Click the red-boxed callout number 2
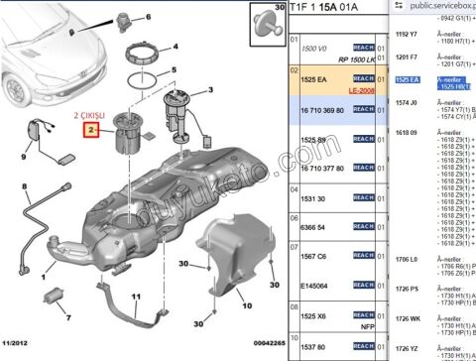click(90, 130)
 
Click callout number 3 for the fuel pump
click(210, 90)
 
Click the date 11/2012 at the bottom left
click(17, 343)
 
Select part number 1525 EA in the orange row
click(315, 78)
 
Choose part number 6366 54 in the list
click(314, 227)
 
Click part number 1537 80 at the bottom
click(314, 347)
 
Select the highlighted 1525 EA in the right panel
click(407, 78)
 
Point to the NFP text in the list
click(366, 326)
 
